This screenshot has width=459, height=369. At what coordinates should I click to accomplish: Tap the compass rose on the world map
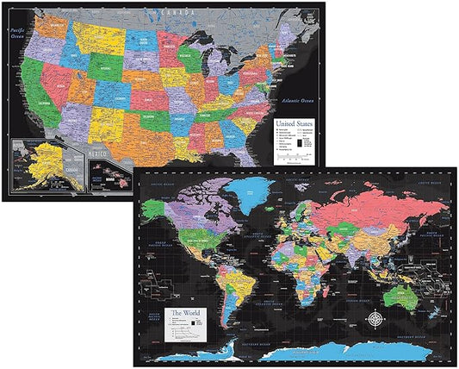tap(380, 321)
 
